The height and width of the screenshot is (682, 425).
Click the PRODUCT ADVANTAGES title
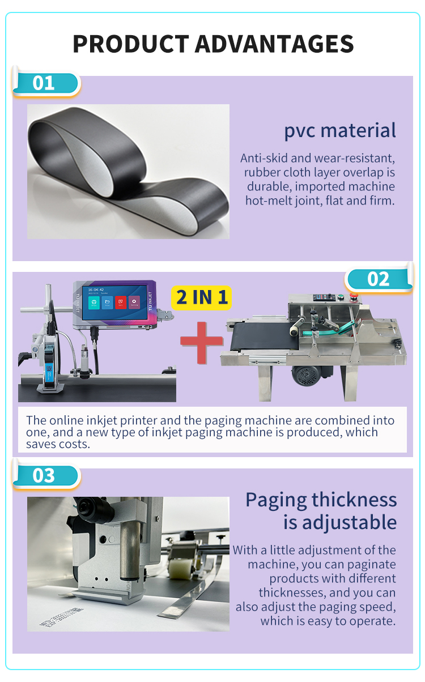click(x=213, y=44)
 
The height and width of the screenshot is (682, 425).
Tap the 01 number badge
click(x=44, y=83)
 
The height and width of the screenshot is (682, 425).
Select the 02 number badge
click(x=378, y=279)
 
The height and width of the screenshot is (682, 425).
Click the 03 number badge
click(x=44, y=476)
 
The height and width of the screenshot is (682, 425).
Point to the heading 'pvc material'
click(x=339, y=130)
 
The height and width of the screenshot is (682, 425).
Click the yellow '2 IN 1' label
click(x=202, y=297)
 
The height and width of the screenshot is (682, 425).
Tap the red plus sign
click(x=201, y=342)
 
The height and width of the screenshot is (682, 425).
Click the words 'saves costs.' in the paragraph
click(x=58, y=444)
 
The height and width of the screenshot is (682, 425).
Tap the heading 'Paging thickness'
click(x=321, y=500)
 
